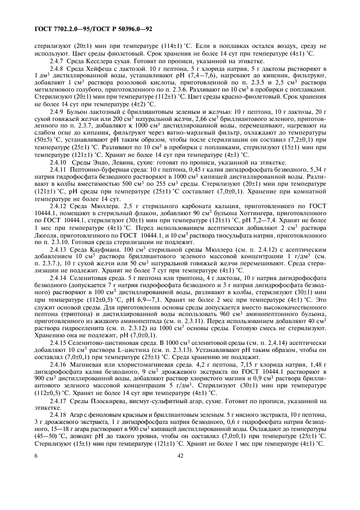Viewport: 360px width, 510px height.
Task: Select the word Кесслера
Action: pyautogui.click(x=97, y=62)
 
